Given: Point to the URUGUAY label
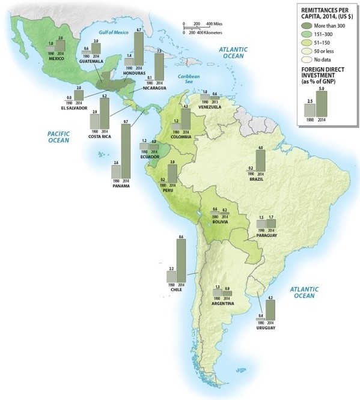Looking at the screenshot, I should click(264, 329).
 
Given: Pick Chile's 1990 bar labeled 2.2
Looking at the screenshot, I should click(171, 276).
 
